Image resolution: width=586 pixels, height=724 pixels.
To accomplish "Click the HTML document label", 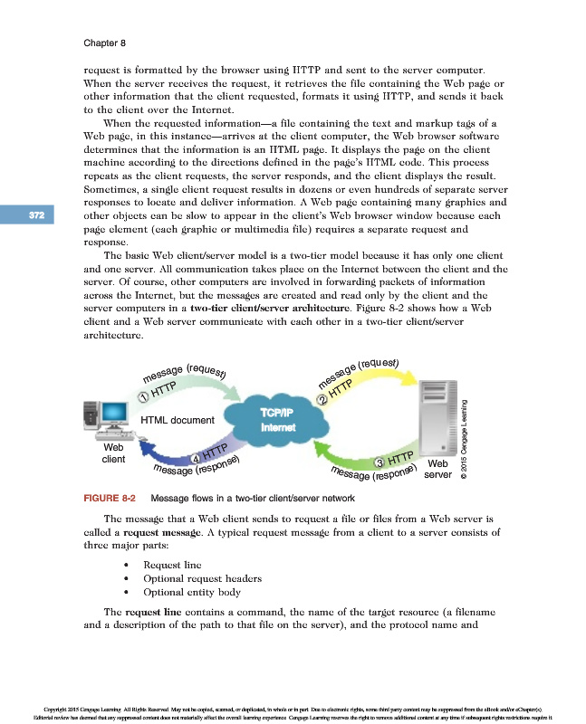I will [178, 420].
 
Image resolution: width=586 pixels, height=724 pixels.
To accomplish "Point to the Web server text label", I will [437, 471].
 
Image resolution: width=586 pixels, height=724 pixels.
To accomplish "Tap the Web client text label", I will [114, 453].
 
